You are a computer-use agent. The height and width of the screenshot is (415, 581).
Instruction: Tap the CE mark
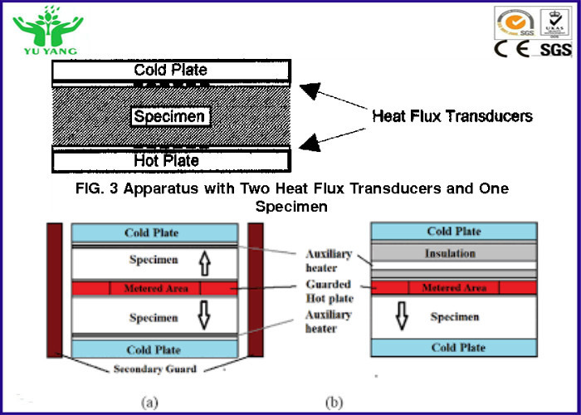tap(512, 49)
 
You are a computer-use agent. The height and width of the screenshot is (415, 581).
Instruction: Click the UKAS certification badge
tap(554, 24)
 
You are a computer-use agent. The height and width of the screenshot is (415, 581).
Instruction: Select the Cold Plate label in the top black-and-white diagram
tap(170, 70)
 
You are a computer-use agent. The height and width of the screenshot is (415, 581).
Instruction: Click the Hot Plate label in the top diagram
tap(166, 160)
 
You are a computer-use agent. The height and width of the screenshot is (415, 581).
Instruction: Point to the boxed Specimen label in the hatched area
tap(169, 116)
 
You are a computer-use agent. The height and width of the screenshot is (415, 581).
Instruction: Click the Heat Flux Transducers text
tap(452, 116)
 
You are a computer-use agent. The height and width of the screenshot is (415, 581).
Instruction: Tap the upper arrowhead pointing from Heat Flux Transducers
tap(310, 90)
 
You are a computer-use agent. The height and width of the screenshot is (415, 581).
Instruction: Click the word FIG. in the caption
tap(90, 188)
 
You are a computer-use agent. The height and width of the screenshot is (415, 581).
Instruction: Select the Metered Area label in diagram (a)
tap(156, 288)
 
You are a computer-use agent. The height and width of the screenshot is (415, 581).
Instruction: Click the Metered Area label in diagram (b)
tap(454, 287)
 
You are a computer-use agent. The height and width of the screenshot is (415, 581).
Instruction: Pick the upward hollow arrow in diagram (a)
tap(205, 263)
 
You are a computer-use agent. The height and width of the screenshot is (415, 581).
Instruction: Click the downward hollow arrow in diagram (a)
tap(204, 315)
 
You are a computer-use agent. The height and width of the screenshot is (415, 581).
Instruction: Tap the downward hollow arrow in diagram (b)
tap(402, 315)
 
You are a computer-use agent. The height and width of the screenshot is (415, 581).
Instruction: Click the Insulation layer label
tap(450, 253)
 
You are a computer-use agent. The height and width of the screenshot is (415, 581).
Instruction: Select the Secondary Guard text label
tap(155, 369)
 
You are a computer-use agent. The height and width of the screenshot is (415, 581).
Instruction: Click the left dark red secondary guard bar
tap(55, 290)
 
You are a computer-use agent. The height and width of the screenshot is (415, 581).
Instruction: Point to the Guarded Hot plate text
tap(330, 291)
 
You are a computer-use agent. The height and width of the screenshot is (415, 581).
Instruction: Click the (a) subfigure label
tap(149, 403)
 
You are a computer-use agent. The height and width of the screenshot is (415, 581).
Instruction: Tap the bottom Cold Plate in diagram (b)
tap(454, 348)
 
